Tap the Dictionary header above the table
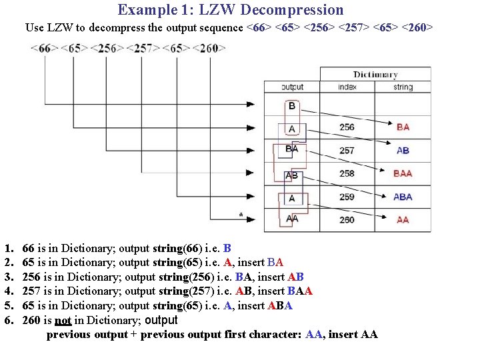pos(375,75)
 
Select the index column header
pos(347,87)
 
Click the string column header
pos(403,87)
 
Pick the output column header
pos(292,87)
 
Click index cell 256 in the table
pos(347,127)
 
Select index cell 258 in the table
pos(347,173)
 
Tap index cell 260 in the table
pos(347,220)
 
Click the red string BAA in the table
pos(403,173)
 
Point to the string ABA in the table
pos(403,197)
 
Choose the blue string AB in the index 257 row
pos(403,151)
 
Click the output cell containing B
pos(292,106)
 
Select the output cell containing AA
pos(292,219)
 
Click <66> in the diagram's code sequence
pos(45,48)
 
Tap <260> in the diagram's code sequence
pos(209,48)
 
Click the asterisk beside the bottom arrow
pos(241,215)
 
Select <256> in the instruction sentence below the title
pos(318,28)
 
